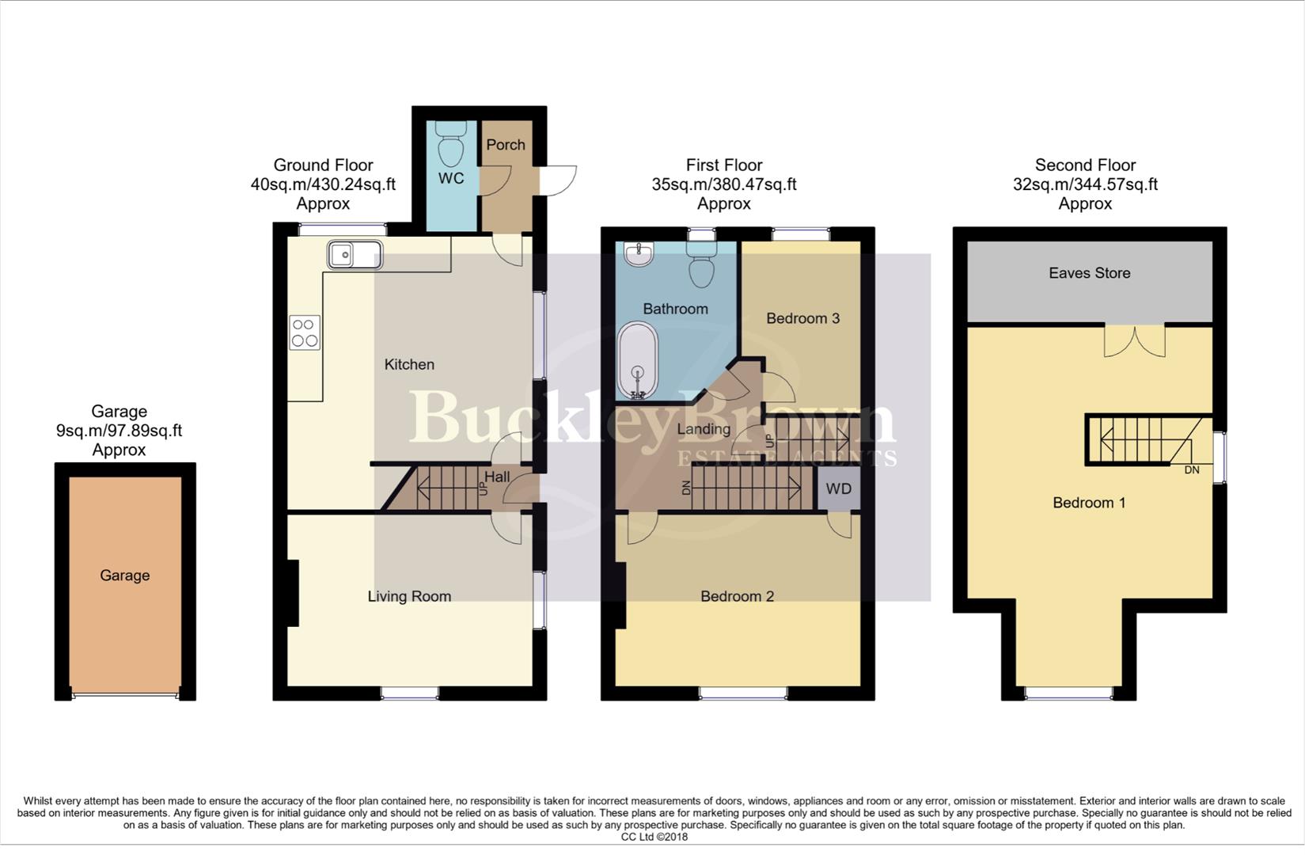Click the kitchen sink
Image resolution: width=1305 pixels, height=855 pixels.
coord(355,256)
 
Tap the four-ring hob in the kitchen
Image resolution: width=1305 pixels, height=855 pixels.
coord(305,332)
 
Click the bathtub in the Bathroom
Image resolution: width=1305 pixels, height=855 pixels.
coord(637,360)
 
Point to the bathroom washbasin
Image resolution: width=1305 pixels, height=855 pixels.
coord(638,254)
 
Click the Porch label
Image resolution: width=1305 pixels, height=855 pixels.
coord(506,145)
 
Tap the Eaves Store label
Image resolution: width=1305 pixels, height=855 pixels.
coord(1089,273)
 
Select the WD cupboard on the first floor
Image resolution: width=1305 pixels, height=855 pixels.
coord(839,488)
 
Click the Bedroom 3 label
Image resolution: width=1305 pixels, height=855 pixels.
coord(802,318)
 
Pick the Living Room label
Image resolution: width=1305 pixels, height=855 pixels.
coord(409,596)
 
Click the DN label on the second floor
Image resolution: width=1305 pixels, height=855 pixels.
coord(1192,470)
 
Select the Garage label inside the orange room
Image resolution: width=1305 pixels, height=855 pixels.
coord(124,576)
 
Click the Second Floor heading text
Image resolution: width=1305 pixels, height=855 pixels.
coord(1085,165)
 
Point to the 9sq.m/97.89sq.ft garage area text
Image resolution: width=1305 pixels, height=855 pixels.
coord(119,431)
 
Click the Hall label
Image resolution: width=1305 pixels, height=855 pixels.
coord(497,477)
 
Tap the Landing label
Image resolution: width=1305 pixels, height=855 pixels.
coord(704,429)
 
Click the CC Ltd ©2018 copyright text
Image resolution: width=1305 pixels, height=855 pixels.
coord(654,837)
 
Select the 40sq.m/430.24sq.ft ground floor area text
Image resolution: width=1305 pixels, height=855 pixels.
coord(323,184)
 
